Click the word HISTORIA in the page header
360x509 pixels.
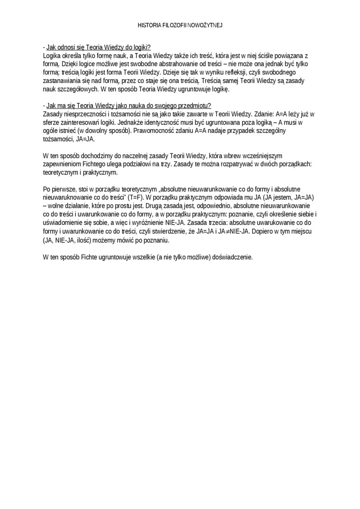tap(149, 25)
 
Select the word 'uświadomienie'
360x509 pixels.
tap(61, 223)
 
